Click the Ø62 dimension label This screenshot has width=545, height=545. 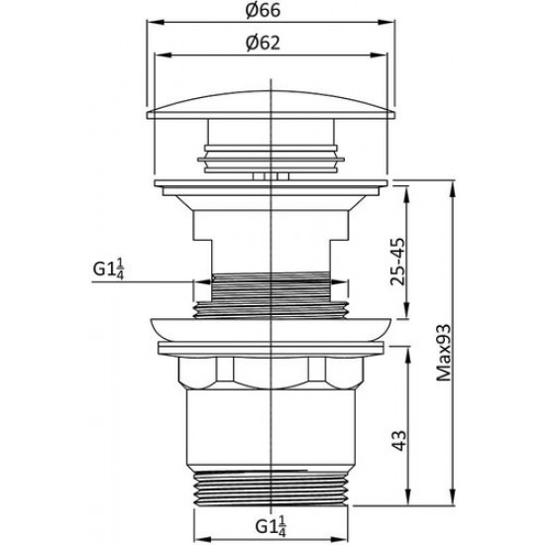[x=271, y=43]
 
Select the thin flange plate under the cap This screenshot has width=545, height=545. [x=271, y=183]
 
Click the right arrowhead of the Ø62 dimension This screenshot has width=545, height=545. [x=383, y=56]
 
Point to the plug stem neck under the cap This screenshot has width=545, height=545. [x=271, y=139]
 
